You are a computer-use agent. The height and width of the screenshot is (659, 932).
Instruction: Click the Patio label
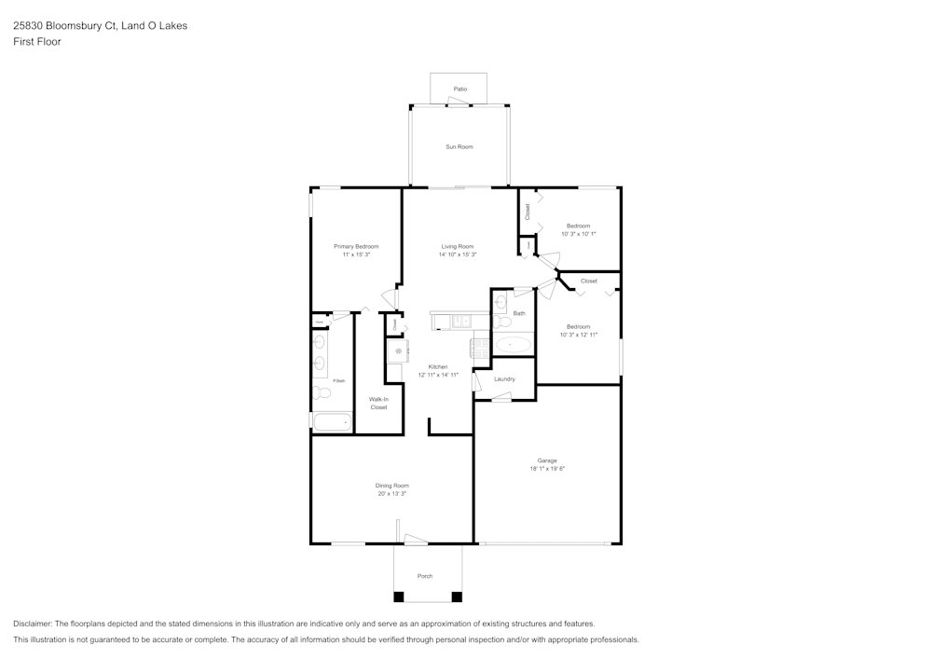(459, 89)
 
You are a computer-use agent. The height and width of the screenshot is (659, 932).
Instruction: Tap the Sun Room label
(459, 146)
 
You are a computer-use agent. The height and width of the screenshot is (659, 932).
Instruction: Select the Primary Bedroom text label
(356, 246)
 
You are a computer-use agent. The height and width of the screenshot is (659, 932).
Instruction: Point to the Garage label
(547, 460)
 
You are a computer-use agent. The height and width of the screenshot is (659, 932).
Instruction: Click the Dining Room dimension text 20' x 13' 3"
(391, 493)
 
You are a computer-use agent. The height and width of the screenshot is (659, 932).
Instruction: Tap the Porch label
(425, 576)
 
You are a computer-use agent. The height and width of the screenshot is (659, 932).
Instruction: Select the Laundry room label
(504, 378)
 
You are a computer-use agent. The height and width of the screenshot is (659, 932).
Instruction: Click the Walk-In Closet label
(378, 403)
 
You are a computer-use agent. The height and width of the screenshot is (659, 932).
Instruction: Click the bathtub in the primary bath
(333, 422)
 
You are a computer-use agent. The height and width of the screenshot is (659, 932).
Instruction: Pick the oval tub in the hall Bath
(513, 345)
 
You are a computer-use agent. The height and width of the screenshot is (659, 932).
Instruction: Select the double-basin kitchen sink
(461, 322)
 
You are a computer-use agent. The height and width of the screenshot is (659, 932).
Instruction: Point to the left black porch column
(399, 597)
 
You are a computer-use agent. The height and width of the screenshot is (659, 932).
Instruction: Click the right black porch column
(456, 597)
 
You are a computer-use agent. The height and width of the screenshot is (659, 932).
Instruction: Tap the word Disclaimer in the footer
(33, 624)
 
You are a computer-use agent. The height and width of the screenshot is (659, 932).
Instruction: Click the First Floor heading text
(37, 42)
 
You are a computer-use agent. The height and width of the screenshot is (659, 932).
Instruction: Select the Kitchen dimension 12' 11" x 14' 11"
(438, 375)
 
